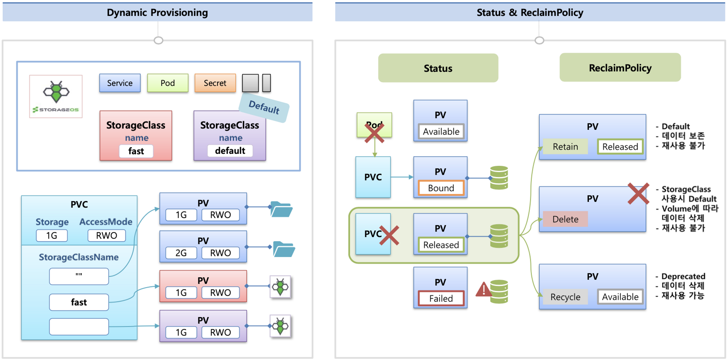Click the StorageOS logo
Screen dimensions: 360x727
(56, 96)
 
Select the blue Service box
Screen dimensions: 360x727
(120, 83)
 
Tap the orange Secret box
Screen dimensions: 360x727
(215, 83)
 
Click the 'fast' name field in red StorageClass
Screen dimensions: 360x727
(136, 151)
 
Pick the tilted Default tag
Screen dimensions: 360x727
(264, 107)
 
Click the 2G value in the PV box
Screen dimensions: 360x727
(181, 253)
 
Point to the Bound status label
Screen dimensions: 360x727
(441, 188)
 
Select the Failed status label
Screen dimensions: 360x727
(441, 298)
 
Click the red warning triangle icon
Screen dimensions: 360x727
(483, 290)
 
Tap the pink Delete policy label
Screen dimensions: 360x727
(565, 219)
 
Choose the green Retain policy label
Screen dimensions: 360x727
(565, 147)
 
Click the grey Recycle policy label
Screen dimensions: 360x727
(565, 297)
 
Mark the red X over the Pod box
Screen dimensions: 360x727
(374, 133)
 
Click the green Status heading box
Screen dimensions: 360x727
(438, 68)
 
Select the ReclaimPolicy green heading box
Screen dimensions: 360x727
(620, 68)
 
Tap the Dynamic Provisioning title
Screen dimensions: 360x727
(157, 12)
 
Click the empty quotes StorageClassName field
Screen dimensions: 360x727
(79, 276)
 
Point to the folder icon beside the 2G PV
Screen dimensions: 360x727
(284, 249)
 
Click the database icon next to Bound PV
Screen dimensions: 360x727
(499, 177)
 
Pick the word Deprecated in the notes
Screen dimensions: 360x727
(683, 276)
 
